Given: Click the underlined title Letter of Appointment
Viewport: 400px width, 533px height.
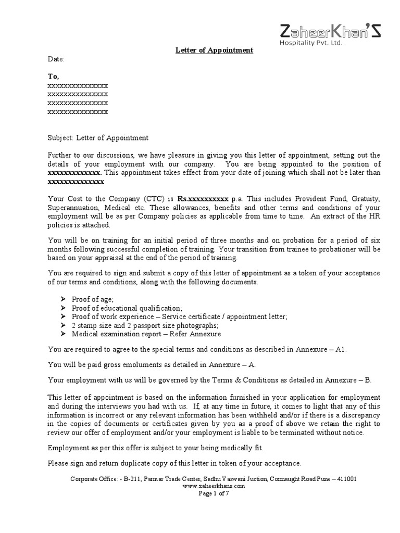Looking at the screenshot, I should [213, 50].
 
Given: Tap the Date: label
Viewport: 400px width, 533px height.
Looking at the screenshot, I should [56, 60].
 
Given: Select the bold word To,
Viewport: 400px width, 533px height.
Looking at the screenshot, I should [54, 76].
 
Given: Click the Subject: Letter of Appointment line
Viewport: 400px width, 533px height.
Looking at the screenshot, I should [98, 138].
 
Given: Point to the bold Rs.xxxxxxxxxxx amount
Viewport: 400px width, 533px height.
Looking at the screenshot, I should [203, 199].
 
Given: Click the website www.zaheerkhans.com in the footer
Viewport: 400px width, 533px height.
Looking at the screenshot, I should [214, 486].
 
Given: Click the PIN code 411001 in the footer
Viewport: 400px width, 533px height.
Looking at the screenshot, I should [346, 478].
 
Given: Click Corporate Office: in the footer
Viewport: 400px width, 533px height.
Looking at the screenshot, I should [92, 478].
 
